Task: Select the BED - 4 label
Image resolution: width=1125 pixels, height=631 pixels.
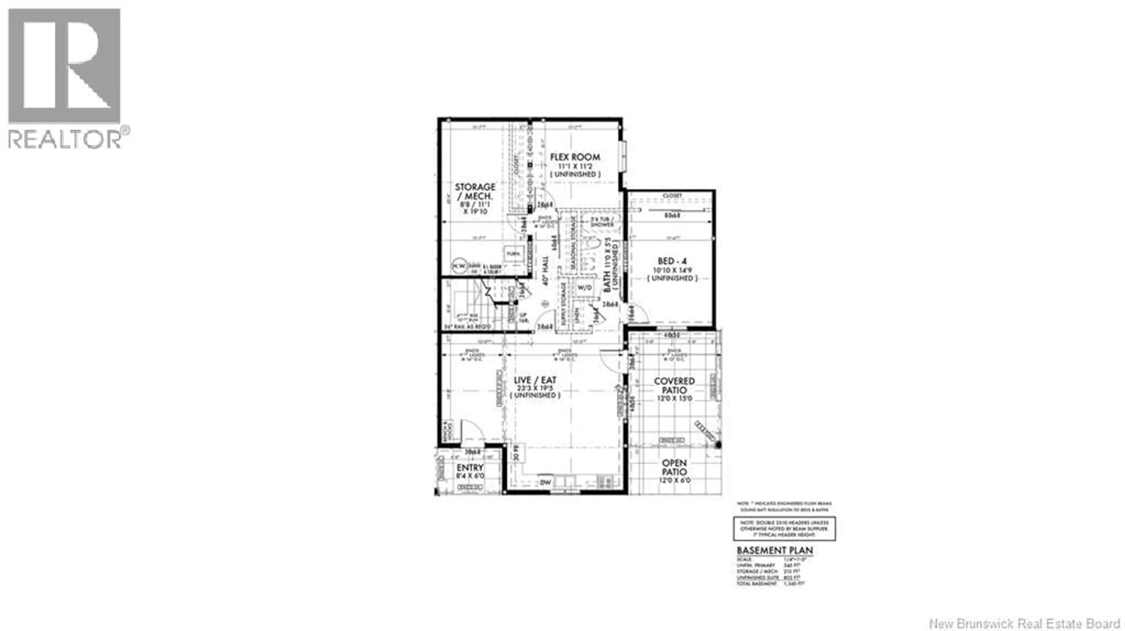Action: click(x=672, y=261)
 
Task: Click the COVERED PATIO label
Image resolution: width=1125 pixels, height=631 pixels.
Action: click(x=674, y=386)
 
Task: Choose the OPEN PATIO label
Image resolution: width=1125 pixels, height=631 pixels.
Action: click(x=674, y=467)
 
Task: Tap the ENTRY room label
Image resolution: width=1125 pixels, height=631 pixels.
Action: click(x=470, y=467)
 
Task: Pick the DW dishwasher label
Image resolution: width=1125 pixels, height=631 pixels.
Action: click(x=546, y=482)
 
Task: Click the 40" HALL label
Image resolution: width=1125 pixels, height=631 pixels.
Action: click(x=545, y=271)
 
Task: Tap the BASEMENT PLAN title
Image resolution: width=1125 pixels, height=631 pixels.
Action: click(x=775, y=551)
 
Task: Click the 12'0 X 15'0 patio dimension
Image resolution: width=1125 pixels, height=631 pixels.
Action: click(x=675, y=399)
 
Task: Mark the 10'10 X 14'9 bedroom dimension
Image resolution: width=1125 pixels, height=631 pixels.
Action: click(x=672, y=270)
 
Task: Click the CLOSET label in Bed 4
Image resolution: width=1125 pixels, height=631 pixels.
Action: click(x=672, y=196)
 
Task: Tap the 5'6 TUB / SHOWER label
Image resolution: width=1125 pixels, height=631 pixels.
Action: click(x=603, y=222)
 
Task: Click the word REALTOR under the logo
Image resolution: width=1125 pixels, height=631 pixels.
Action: click(x=65, y=140)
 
